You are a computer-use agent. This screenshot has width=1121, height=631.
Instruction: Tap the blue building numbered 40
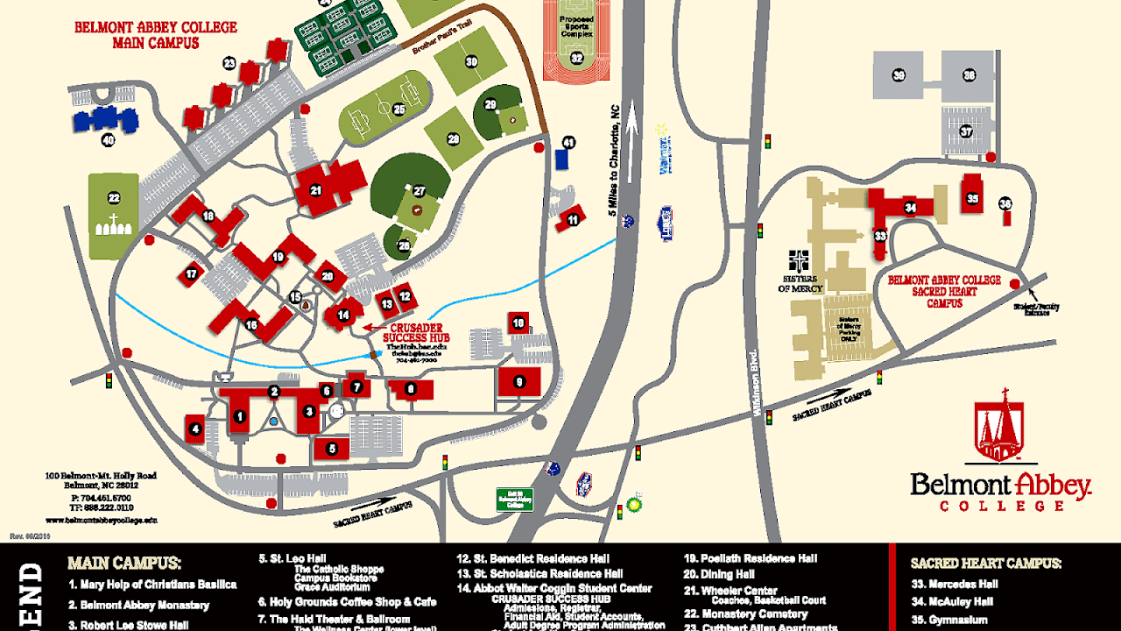coord(106,121)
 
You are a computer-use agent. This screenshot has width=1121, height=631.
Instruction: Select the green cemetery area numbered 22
coord(114,216)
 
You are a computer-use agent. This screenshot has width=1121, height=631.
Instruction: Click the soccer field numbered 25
coord(386,110)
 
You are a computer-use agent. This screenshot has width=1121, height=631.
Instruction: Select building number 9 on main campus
coord(519,381)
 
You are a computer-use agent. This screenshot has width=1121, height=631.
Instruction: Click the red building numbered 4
coord(195,429)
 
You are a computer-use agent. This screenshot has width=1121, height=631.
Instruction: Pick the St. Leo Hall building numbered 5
coord(332,449)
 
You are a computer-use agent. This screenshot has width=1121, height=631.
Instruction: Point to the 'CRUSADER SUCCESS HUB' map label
coord(416,332)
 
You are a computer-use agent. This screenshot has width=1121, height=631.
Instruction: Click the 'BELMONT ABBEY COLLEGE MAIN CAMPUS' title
coord(156,35)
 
